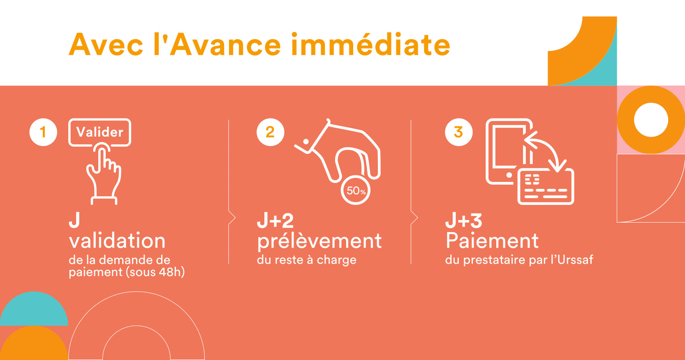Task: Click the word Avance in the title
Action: tap(225, 45)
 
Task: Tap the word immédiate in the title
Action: tap(370, 45)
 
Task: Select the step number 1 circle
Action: tap(43, 132)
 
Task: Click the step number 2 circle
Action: tap(270, 132)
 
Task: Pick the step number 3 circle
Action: tap(458, 132)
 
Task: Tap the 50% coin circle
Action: tap(356, 190)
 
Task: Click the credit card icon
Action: tap(546, 187)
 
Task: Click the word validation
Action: tap(117, 241)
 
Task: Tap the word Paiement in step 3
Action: tap(492, 241)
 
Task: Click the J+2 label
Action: tap(275, 221)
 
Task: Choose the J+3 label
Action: tap(464, 221)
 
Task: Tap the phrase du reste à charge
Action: tap(306, 260)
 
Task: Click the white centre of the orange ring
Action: tap(651, 120)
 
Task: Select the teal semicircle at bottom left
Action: tap(34, 309)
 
